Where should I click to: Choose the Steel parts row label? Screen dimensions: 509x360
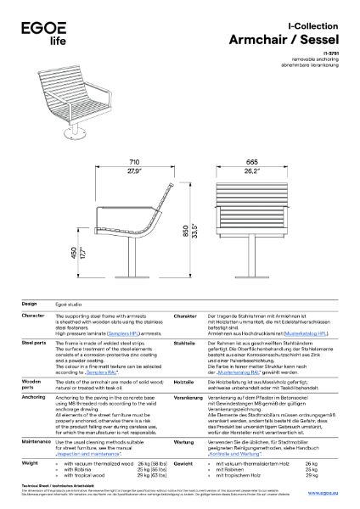(x=34, y=342)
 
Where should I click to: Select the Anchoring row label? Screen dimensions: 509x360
(x=33, y=396)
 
